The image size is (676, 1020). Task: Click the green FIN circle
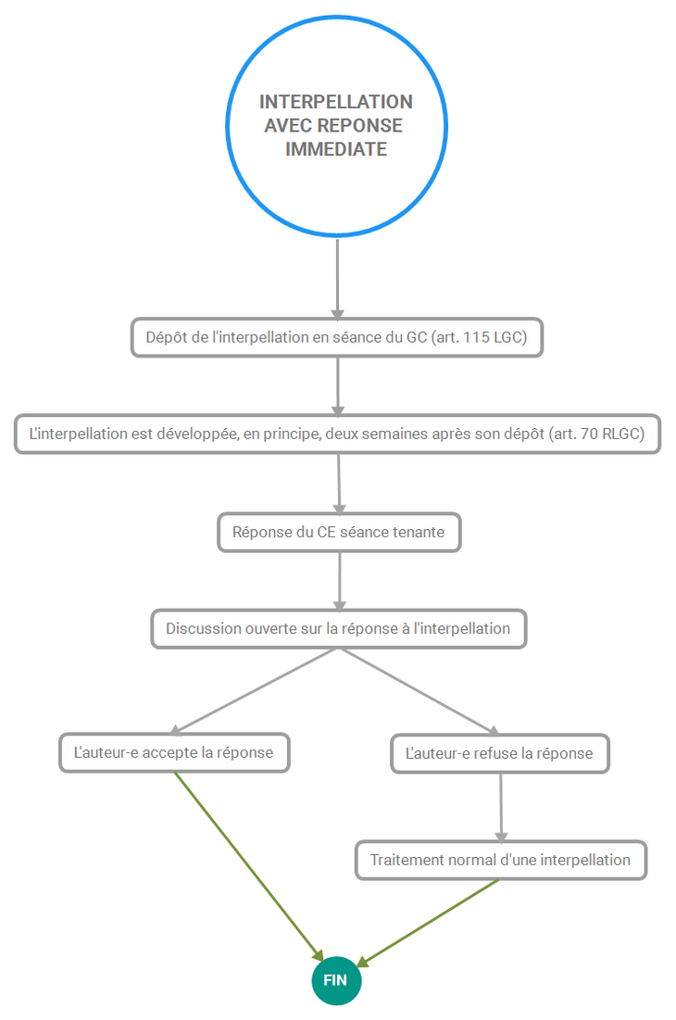click(x=336, y=980)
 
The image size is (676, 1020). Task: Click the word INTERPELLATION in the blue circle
click(x=336, y=102)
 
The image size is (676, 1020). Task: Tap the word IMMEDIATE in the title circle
click(x=336, y=149)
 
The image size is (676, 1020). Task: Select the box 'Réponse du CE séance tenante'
click(x=339, y=533)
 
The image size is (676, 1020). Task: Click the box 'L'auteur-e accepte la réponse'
click(x=174, y=753)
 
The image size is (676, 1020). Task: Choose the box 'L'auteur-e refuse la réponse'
click(x=500, y=754)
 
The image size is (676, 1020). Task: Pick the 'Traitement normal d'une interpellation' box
click(x=500, y=860)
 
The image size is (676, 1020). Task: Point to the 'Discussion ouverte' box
click(x=339, y=629)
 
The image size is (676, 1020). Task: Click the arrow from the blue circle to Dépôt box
click(x=337, y=279)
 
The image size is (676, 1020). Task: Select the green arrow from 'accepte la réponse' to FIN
click(x=249, y=866)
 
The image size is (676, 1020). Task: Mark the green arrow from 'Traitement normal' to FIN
click(x=428, y=923)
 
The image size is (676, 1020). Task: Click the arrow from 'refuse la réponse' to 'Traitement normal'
click(x=500, y=807)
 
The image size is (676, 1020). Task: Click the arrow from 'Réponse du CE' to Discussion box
click(x=339, y=581)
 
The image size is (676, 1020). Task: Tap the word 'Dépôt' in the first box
click(x=163, y=337)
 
